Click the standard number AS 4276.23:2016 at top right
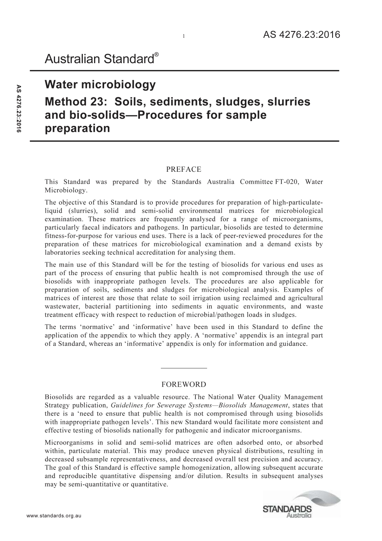(301, 35)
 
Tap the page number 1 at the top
(183, 36)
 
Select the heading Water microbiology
(100, 85)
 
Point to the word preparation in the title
(77, 129)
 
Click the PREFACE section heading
(184, 169)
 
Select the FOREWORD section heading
(184, 384)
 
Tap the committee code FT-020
(287, 182)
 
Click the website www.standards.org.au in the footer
(54, 516)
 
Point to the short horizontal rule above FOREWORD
(184, 368)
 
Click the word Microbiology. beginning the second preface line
(66, 190)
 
